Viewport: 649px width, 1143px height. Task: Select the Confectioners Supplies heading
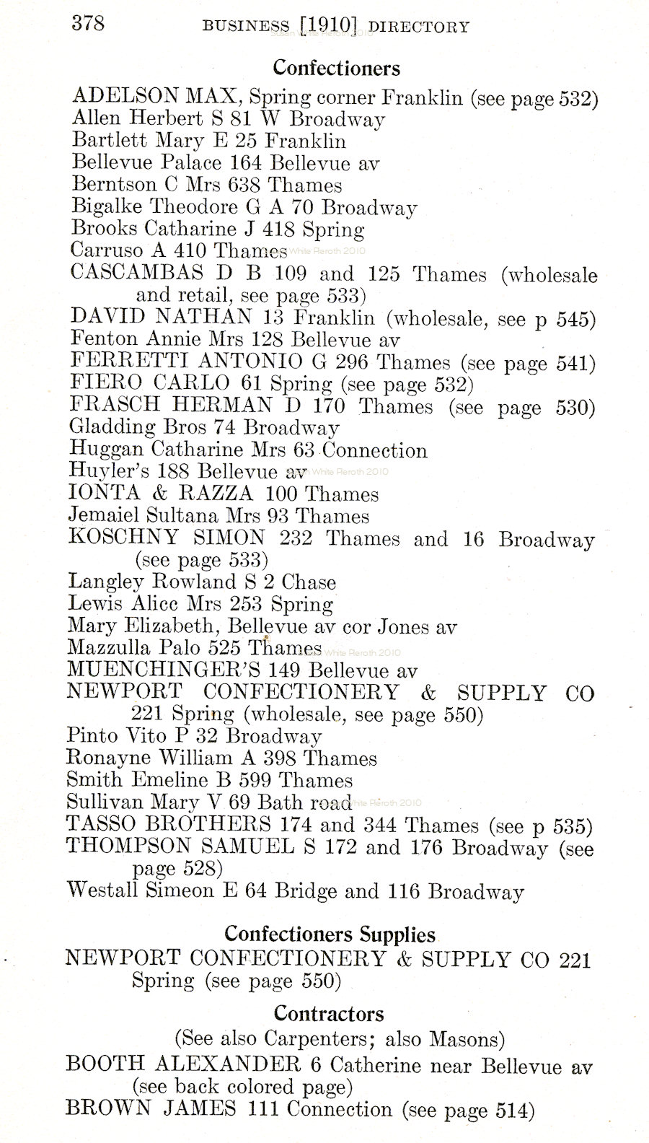coord(330,934)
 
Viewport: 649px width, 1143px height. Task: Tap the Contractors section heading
coord(328,1014)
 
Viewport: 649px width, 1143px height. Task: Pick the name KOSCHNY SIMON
coord(166,538)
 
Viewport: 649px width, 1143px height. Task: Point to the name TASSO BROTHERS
coord(168,824)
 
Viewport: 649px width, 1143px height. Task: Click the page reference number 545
coord(575,318)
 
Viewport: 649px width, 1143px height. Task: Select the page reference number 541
coord(575,363)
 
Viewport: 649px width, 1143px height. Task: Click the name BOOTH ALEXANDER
coord(182,1064)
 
